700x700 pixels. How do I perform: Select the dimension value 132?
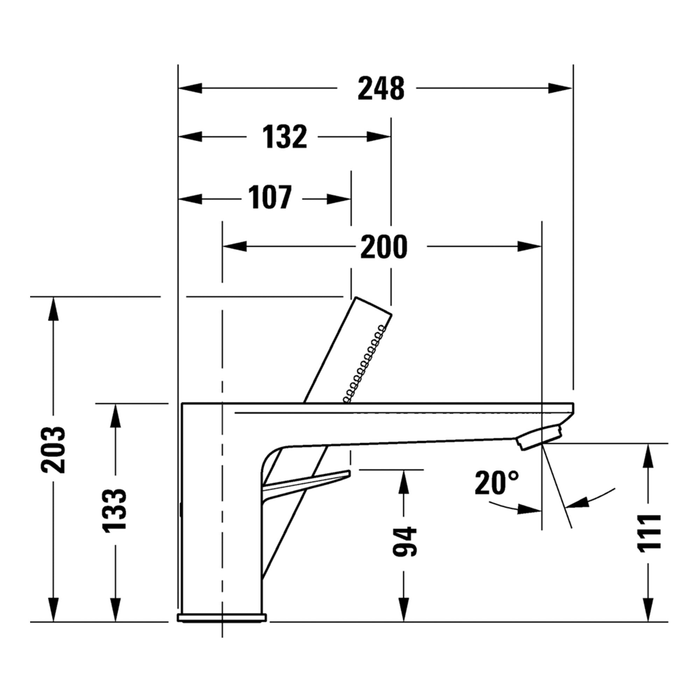285,137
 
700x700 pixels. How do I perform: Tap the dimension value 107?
270,197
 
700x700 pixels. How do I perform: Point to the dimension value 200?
384,247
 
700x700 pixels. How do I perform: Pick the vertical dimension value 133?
115,511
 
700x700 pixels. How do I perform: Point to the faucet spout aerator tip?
539,437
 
